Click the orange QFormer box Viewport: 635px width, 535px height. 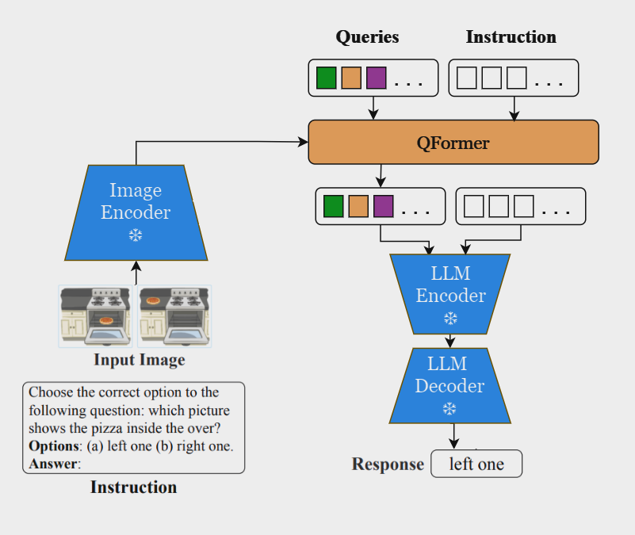coord(453,143)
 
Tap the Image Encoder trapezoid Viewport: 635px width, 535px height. coord(136,212)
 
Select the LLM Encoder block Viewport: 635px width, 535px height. coord(450,294)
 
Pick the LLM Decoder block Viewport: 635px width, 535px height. coord(449,385)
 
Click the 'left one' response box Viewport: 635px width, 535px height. coord(476,464)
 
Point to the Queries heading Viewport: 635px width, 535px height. coord(367,36)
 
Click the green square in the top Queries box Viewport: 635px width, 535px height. coord(326,78)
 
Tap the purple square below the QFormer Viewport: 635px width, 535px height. coord(384,206)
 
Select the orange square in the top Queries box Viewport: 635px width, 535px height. coord(351,78)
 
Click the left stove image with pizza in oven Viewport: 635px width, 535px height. coord(98,316)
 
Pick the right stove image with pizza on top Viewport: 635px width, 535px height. coord(174,316)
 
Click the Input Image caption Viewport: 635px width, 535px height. coord(139,360)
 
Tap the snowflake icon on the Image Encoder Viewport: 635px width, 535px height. coord(136,235)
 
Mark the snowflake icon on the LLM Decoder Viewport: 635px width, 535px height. coord(449,409)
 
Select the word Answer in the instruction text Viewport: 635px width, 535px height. coord(53,463)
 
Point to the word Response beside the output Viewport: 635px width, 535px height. coord(388,464)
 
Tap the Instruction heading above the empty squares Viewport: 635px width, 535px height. coord(511,36)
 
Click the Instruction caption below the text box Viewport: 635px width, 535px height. coord(133,487)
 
